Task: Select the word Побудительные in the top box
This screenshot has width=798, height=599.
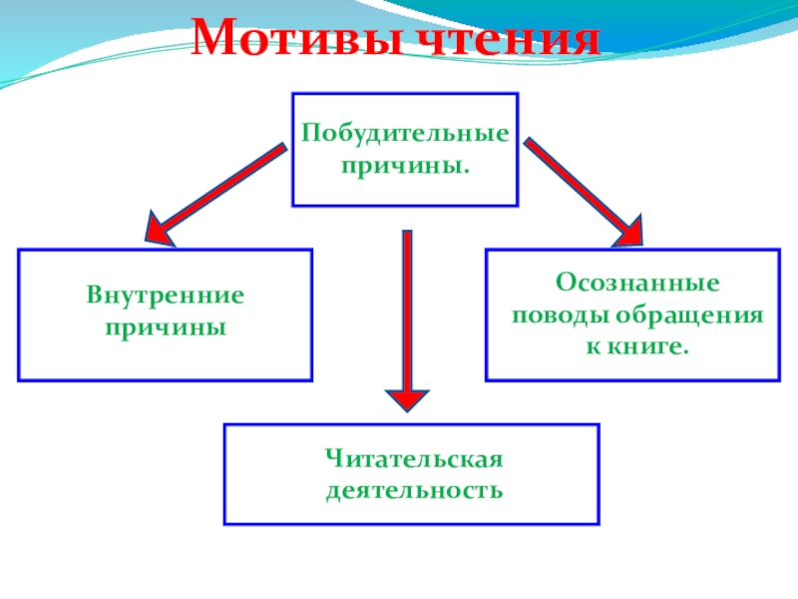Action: pos(405,133)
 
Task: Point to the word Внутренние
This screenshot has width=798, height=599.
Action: pos(166,299)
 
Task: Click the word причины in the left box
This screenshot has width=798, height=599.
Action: pos(166,326)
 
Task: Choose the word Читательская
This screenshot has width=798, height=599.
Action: pos(412,460)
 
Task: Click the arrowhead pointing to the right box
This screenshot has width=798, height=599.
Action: pos(630,231)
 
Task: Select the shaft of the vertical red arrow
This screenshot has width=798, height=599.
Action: pos(406,309)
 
